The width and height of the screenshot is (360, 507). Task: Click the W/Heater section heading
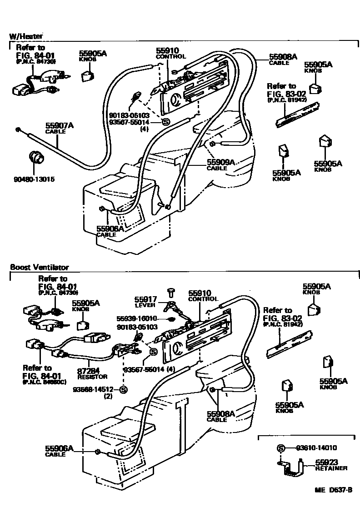pyautogui.click(x=26, y=36)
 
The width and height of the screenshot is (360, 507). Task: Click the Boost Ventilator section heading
pyautogui.click(x=39, y=268)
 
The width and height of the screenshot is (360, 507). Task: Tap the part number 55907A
pyautogui.click(x=59, y=125)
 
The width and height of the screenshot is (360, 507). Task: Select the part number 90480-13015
pyautogui.click(x=34, y=179)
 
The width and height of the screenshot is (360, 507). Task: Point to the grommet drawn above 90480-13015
pyautogui.click(x=36, y=158)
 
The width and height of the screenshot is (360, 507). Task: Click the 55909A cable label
pyautogui.click(x=220, y=164)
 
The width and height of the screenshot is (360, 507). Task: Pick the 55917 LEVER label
pyautogui.click(x=145, y=302)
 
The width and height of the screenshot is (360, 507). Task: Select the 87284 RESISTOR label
pyautogui.click(x=92, y=373)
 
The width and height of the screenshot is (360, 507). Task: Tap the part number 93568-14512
pyautogui.click(x=97, y=389)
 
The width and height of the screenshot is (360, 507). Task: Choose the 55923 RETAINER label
pyautogui.click(x=331, y=465)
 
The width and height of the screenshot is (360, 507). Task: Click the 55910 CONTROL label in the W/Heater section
pyautogui.click(x=170, y=54)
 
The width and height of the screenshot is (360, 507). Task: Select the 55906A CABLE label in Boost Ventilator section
pyautogui.click(x=59, y=451)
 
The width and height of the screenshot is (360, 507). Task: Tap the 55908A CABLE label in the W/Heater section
pyautogui.click(x=283, y=59)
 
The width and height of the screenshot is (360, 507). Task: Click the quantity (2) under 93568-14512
pyautogui.click(x=108, y=396)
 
